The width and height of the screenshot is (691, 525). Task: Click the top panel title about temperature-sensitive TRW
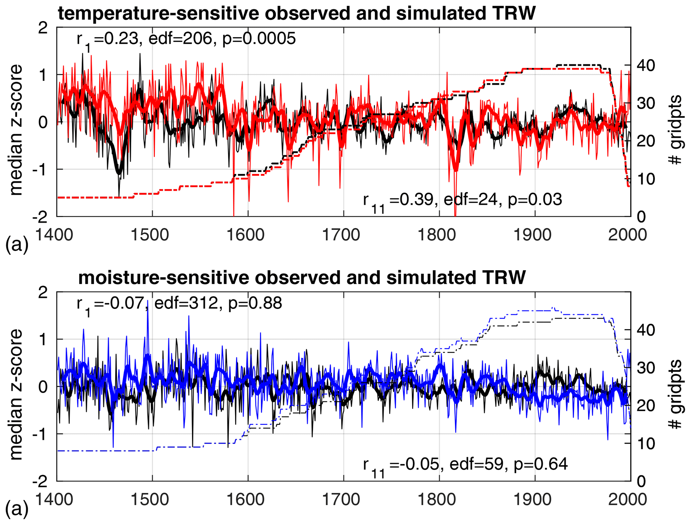pyautogui.click(x=297, y=13)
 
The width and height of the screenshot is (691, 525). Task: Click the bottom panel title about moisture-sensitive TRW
pyautogui.click(x=302, y=278)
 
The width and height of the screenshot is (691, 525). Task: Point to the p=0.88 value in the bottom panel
pyautogui.click(x=255, y=303)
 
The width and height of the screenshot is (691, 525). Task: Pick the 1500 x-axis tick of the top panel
pyautogui.click(x=152, y=235)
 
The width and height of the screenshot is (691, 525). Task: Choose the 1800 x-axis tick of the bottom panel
pyautogui.click(x=439, y=499)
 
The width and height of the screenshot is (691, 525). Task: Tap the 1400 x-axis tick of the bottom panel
pyautogui.click(x=54, y=499)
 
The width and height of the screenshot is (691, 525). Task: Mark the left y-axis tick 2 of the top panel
pyautogui.click(x=43, y=28)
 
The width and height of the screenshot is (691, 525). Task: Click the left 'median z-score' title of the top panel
pyautogui.click(x=16, y=130)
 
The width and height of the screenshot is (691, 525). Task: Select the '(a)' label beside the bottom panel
pyautogui.click(x=17, y=509)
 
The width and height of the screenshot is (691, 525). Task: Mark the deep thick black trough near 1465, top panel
pyautogui.click(x=119, y=172)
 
